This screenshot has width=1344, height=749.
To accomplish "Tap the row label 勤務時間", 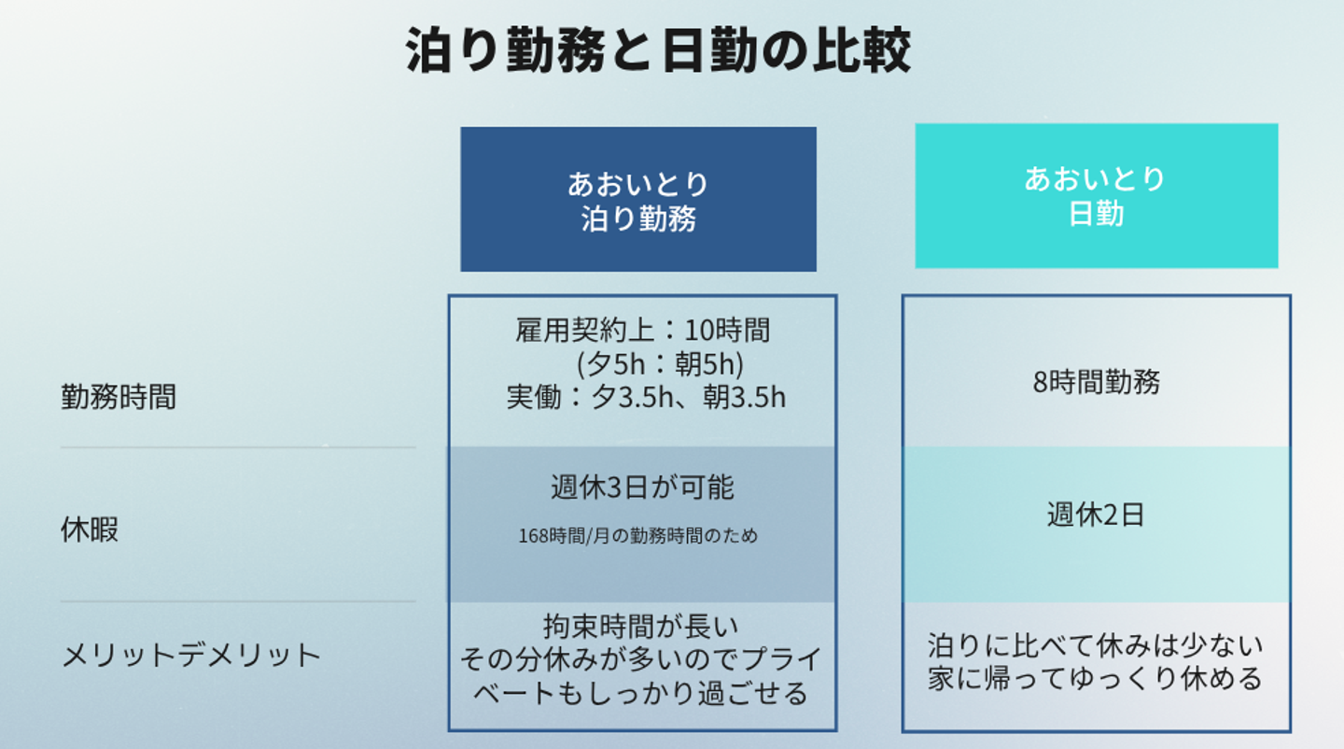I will [x=119, y=398].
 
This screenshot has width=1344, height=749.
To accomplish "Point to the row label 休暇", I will [x=90, y=530].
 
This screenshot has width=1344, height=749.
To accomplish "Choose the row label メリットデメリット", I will [x=191, y=655].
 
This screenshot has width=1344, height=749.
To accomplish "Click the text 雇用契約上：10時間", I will [x=643, y=330].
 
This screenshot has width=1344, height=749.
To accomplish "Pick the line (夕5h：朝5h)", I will [x=660, y=363].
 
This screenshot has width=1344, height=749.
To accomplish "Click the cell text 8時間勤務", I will [x=1097, y=382].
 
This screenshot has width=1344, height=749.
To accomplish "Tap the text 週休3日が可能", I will [x=642, y=488].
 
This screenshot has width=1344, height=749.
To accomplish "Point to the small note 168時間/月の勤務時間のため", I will [x=638, y=536].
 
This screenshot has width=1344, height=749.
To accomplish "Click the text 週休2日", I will [x=1096, y=515].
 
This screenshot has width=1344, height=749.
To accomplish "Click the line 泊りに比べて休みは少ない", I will [x=1096, y=645].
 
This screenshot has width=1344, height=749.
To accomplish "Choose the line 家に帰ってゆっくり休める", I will [x=1096, y=678].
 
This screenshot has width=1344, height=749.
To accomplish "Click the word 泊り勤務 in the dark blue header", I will [x=639, y=219].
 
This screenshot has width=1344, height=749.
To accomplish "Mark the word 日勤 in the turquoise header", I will [x=1096, y=214].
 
